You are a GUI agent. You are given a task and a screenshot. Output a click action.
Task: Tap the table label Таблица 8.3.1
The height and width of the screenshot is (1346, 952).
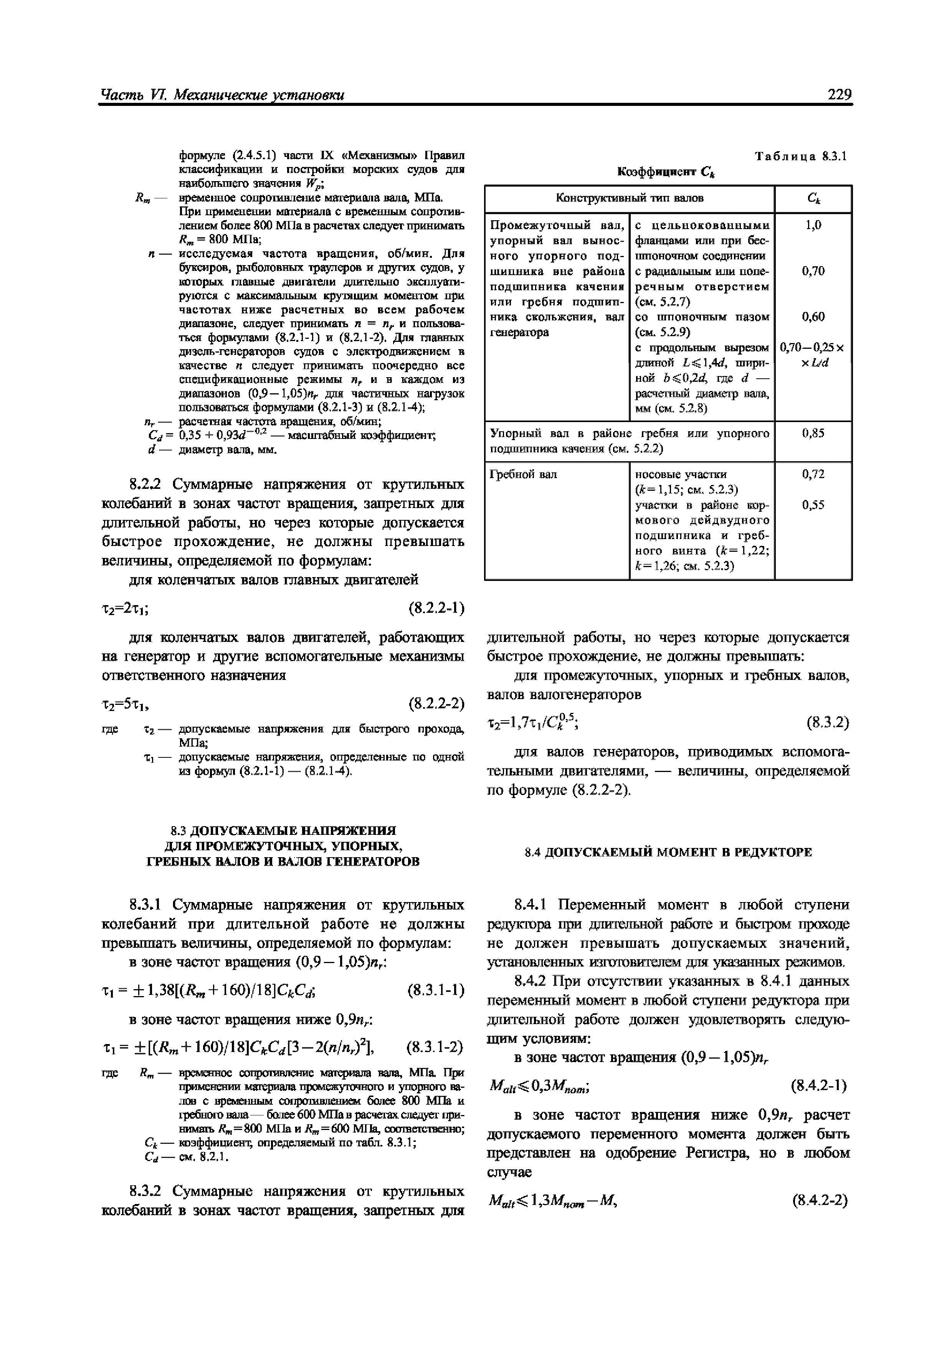(x=801, y=157)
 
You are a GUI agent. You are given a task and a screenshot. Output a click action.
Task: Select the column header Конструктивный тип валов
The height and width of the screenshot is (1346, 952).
(x=630, y=198)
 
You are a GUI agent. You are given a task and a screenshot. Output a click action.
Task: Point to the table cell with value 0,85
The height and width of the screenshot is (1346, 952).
(x=813, y=433)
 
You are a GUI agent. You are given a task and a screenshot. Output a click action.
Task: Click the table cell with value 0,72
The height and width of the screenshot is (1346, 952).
(x=813, y=474)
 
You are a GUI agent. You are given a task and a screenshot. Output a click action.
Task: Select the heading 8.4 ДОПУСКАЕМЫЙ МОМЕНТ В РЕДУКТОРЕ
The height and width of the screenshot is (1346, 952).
(x=668, y=853)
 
